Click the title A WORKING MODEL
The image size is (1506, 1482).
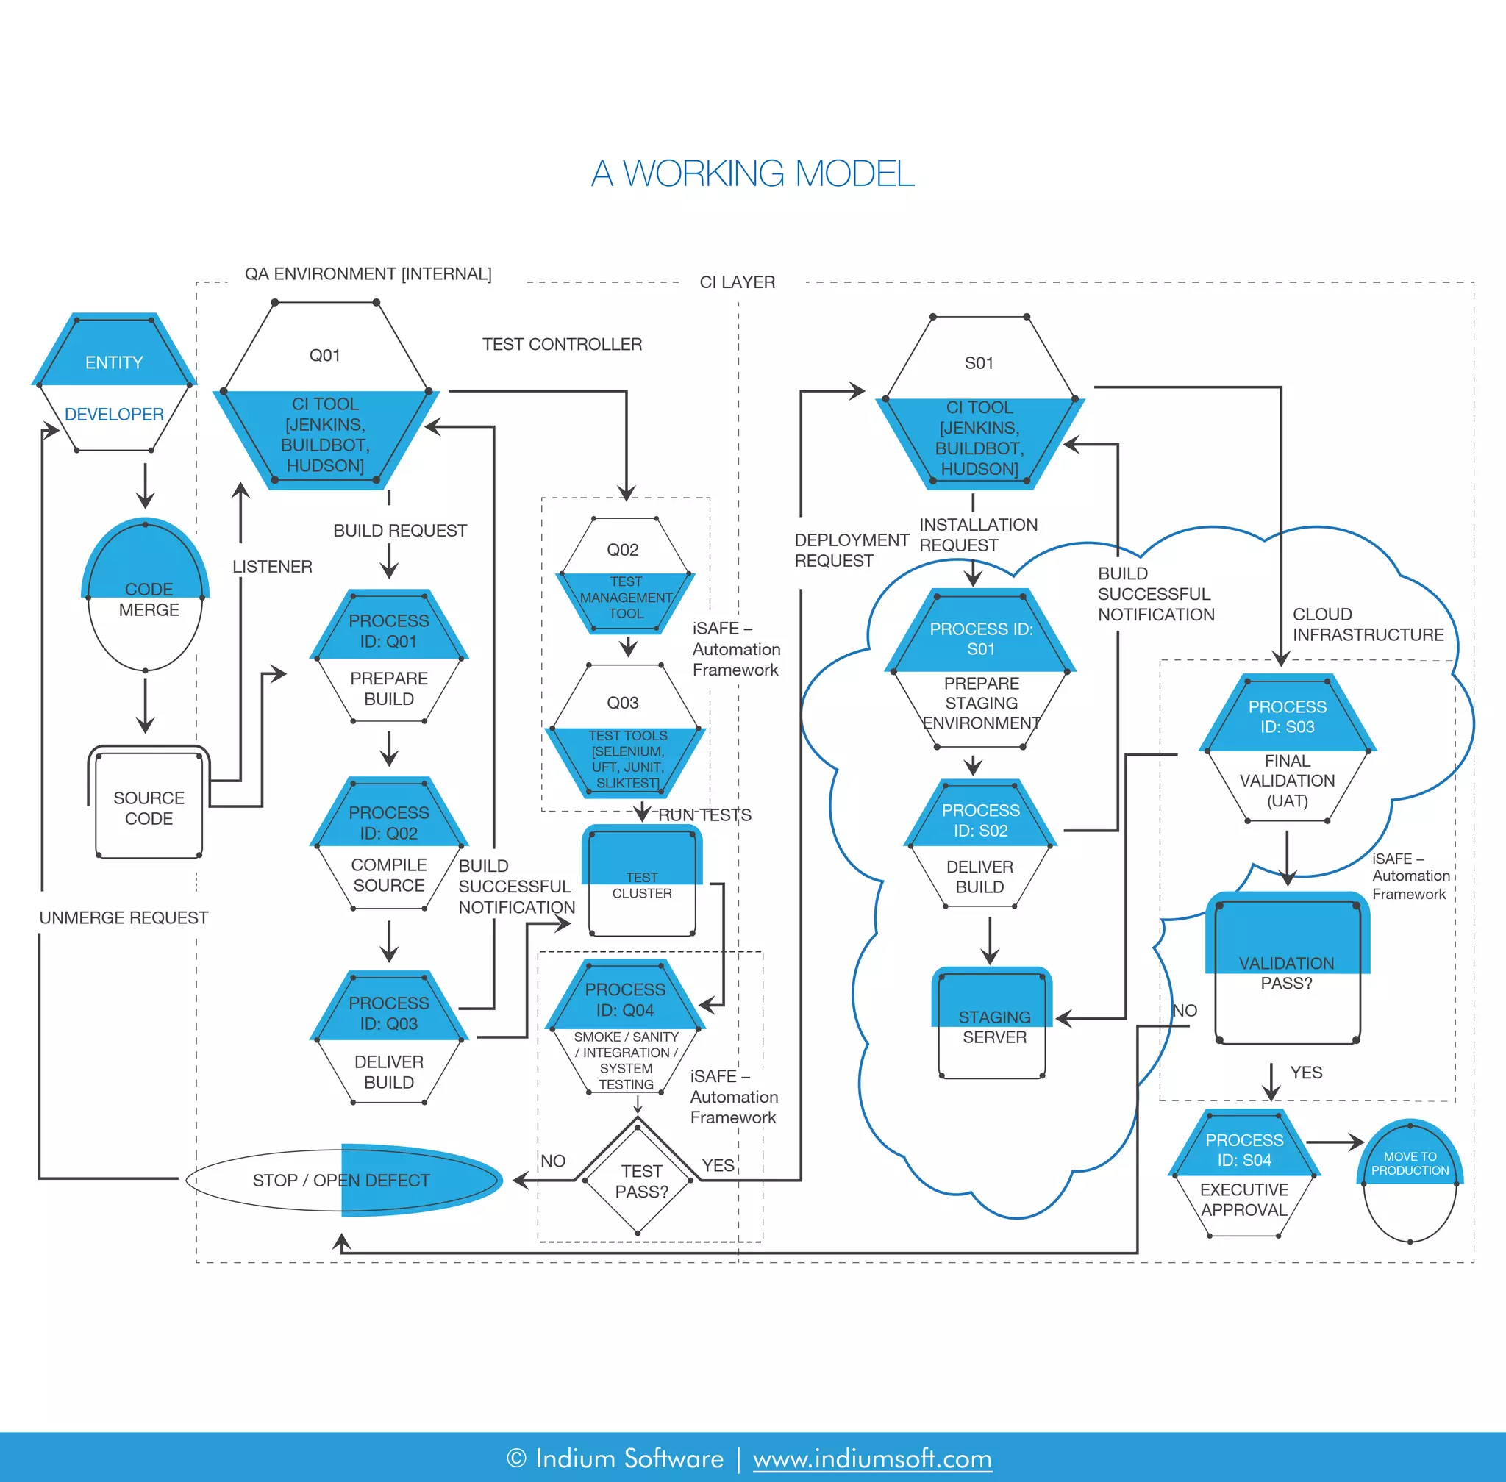coord(752,173)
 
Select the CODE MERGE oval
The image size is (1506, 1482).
coord(146,596)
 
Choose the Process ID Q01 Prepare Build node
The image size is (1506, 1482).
coord(388,659)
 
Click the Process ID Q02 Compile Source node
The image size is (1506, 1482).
coord(388,846)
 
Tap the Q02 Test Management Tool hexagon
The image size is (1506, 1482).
coord(624,577)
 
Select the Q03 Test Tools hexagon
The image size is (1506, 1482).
coord(625,731)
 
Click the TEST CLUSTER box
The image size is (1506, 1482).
coord(642,884)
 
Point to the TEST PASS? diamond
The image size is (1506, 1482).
coord(638,1179)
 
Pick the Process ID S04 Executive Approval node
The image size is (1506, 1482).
coord(1243,1175)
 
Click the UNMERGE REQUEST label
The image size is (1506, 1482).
coord(124,917)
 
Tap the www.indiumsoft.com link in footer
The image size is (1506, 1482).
coord(872,1458)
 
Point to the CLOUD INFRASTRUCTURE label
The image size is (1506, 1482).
coord(1368,624)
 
